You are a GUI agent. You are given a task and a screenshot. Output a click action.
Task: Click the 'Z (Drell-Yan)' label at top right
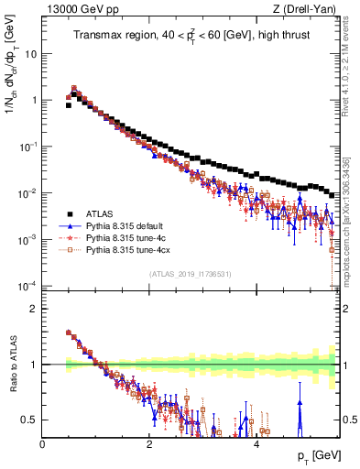pyautogui.click(x=306, y=9)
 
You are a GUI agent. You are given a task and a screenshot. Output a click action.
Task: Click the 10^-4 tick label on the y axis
pyautogui.click(x=27, y=286)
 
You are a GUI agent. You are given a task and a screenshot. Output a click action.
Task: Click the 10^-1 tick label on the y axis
pyautogui.click(x=27, y=147)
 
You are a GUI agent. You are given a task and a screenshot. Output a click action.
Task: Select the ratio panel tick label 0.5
pyautogui.click(x=29, y=420)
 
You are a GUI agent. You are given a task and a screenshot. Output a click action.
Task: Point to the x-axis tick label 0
pyautogui.click(x=42, y=445)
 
